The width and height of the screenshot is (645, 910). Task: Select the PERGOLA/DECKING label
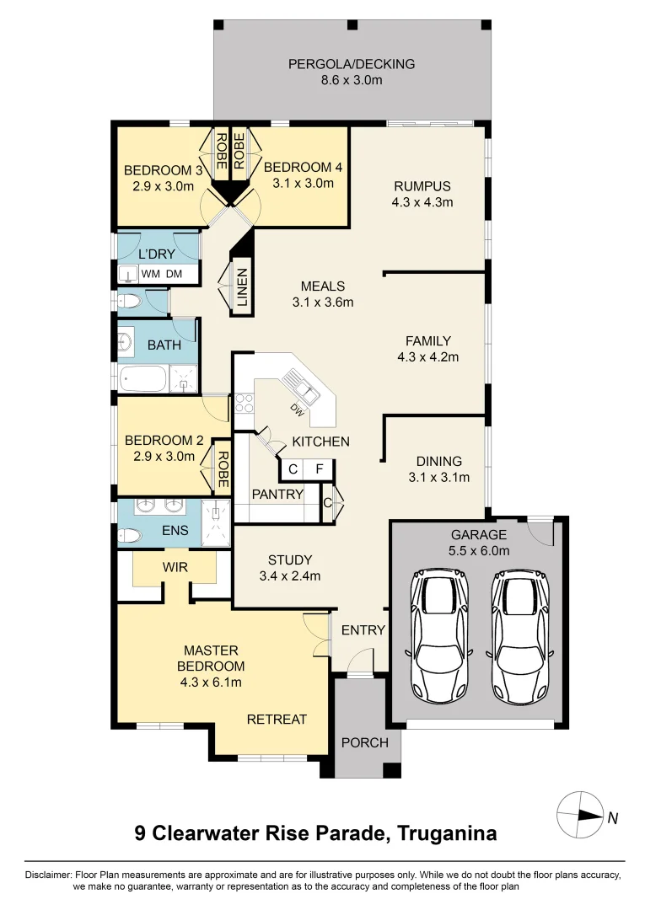(x=352, y=64)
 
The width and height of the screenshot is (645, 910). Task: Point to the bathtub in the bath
(x=143, y=380)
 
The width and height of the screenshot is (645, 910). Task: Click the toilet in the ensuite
(x=129, y=534)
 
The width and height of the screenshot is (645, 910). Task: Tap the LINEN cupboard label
(x=242, y=287)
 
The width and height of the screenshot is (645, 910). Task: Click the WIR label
(x=176, y=568)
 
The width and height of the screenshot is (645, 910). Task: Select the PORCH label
(x=365, y=742)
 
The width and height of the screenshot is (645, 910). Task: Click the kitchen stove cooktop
(x=244, y=404)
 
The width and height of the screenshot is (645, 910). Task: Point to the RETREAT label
(x=277, y=720)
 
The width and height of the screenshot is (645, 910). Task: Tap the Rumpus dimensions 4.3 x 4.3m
(x=422, y=202)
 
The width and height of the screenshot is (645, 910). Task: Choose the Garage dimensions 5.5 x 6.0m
(x=478, y=551)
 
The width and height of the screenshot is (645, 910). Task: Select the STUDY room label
(x=290, y=559)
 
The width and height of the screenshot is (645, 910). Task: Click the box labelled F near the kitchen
(x=320, y=470)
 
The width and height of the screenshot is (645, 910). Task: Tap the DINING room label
(x=438, y=461)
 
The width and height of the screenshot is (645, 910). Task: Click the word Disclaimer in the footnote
(x=49, y=875)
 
